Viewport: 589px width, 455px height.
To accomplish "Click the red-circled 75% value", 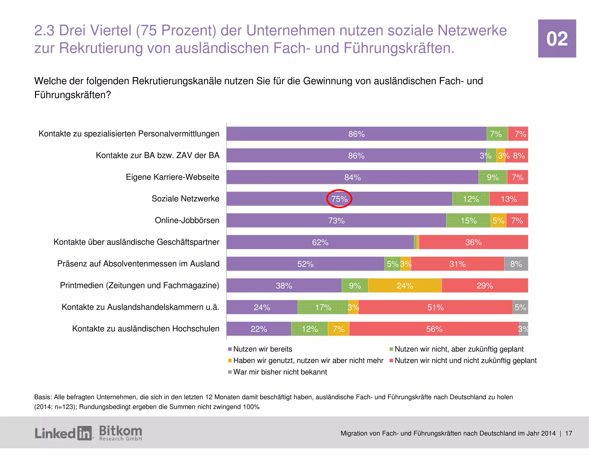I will [x=339, y=199].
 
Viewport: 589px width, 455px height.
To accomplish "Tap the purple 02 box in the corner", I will [x=557, y=39].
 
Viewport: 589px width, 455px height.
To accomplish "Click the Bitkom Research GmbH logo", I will [x=121, y=433].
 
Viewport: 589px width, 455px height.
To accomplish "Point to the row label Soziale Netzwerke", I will [x=185, y=199].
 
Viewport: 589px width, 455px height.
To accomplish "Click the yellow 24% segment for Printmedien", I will [x=405, y=286].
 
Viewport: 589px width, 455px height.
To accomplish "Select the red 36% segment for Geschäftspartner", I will [x=473, y=242].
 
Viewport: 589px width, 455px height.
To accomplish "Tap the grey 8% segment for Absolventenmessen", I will [x=516, y=264].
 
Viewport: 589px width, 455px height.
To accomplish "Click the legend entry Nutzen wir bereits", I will [x=262, y=349].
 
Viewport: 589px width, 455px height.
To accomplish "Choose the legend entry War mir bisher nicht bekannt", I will [x=280, y=372].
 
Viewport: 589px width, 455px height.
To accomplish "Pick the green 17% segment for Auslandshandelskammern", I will [x=323, y=307].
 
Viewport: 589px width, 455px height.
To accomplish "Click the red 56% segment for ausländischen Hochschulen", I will [x=434, y=329].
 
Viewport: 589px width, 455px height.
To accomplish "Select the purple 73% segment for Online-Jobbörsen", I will [x=336, y=221].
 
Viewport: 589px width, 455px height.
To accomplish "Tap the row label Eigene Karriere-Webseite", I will [x=172, y=177].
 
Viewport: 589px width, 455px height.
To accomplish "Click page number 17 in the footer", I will [x=569, y=433].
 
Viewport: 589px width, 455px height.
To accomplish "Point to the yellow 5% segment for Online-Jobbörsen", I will [x=498, y=221].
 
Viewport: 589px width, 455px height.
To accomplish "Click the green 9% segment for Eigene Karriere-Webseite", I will [x=493, y=177].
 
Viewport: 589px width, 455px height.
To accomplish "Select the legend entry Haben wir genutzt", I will [x=308, y=360].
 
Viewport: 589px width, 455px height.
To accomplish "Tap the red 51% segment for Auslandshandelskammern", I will [x=435, y=307].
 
